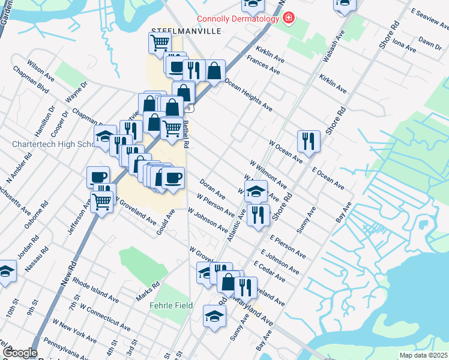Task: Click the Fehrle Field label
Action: coord(171,305)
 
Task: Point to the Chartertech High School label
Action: coord(51,145)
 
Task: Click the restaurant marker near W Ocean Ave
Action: coord(309,141)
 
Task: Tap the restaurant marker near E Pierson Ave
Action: coord(258,214)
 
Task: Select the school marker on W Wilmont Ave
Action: coord(256,191)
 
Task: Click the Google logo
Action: coord(20,353)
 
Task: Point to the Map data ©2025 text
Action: coord(423,355)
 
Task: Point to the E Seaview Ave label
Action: coord(429,21)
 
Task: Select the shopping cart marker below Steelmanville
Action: coord(160,42)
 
